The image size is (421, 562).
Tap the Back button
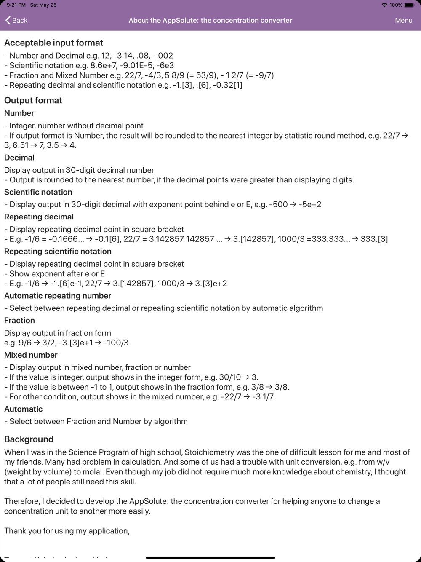(16, 20)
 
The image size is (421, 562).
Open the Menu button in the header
(403, 20)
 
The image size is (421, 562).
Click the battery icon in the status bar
(409, 5)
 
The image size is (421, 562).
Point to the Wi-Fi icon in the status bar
(384, 5)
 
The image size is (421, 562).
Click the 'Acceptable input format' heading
(53, 43)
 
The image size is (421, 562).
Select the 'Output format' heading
(33, 100)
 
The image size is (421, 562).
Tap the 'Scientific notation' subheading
(38, 192)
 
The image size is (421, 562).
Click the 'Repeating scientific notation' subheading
(58, 252)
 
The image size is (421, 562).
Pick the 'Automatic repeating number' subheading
(58, 296)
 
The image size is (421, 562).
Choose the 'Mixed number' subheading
(31, 355)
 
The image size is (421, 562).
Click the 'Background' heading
(29, 439)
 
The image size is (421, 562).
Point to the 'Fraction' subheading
(19, 321)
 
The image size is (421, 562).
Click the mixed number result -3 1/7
(263, 397)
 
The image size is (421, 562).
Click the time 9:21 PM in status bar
(16, 5)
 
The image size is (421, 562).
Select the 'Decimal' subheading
(19, 158)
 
